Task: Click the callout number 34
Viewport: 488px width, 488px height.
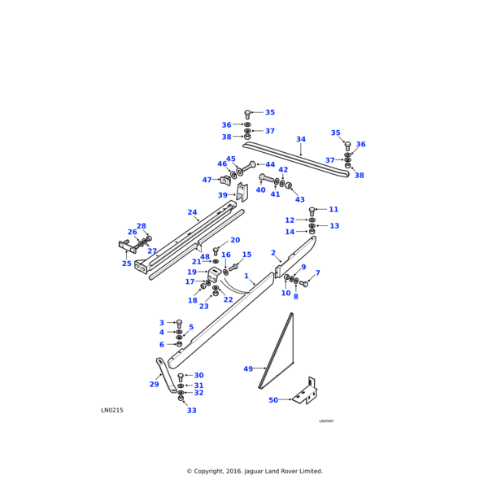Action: coord(301,139)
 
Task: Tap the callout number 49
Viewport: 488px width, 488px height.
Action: coord(248,368)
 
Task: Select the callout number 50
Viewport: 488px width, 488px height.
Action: coord(273,399)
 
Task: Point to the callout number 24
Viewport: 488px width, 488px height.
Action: coord(192,212)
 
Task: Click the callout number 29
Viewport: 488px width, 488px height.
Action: coord(154,384)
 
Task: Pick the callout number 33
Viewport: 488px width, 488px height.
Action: coord(191,411)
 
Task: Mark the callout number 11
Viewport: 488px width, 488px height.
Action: coord(333,209)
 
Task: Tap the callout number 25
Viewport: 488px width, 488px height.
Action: coord(127,264)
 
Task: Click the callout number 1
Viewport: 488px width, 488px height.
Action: coord(246,276)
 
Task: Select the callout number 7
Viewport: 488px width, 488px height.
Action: coord(317,273)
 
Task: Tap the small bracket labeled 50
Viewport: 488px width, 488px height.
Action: coord(305,393)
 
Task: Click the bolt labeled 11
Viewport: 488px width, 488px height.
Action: coord(312,211)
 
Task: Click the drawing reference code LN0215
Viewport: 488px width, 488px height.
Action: coord(112,410)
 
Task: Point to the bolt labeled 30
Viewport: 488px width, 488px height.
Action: coord(181,377)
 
